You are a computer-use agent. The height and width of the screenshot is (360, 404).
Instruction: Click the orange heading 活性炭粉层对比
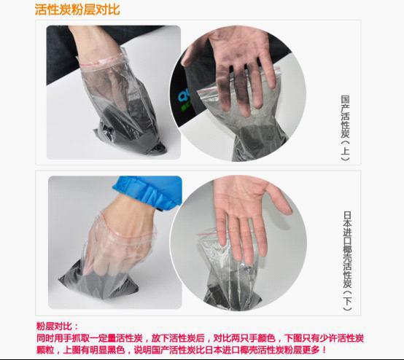[77, 9]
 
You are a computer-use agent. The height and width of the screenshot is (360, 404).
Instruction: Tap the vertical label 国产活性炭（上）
[345, 128]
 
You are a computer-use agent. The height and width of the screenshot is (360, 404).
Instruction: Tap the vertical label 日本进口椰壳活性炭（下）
[347, 261]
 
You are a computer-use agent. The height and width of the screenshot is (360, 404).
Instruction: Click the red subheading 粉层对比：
[57, 326]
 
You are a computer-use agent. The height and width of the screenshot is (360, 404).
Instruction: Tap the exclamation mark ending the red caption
[324, 350]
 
